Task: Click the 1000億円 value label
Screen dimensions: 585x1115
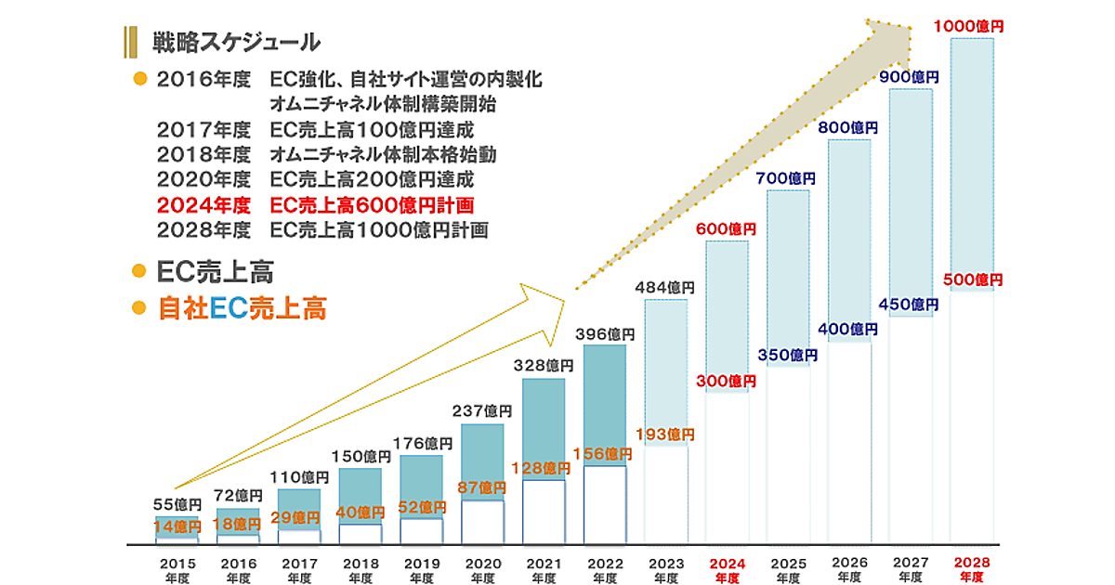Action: [x=969, y=27]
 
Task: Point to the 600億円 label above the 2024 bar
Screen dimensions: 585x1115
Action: [x=726, y=228]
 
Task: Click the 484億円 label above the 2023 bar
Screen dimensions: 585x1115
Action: [x=665, y=287]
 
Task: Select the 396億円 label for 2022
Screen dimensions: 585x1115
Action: [x=604, y=333]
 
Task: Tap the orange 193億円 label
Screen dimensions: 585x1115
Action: [x=664, y=434]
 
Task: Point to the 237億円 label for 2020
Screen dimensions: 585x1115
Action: [x=481, y=410]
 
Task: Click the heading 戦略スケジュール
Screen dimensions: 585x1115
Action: [x=236, y=42]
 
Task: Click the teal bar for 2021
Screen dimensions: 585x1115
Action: [x=544, y=427]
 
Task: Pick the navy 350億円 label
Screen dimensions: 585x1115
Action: [x=787, y=355]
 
